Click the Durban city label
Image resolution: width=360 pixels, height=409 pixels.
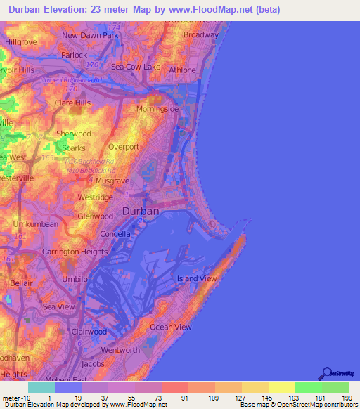coord(141,210)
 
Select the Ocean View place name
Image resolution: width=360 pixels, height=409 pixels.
coord(170,327)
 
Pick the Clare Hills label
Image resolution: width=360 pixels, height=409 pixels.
coord(73,103)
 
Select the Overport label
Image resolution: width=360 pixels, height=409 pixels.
coord(125,146)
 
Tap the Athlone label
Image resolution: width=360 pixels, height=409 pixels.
coord(183,70)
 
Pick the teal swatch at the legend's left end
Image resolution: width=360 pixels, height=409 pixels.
coord(41,387)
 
